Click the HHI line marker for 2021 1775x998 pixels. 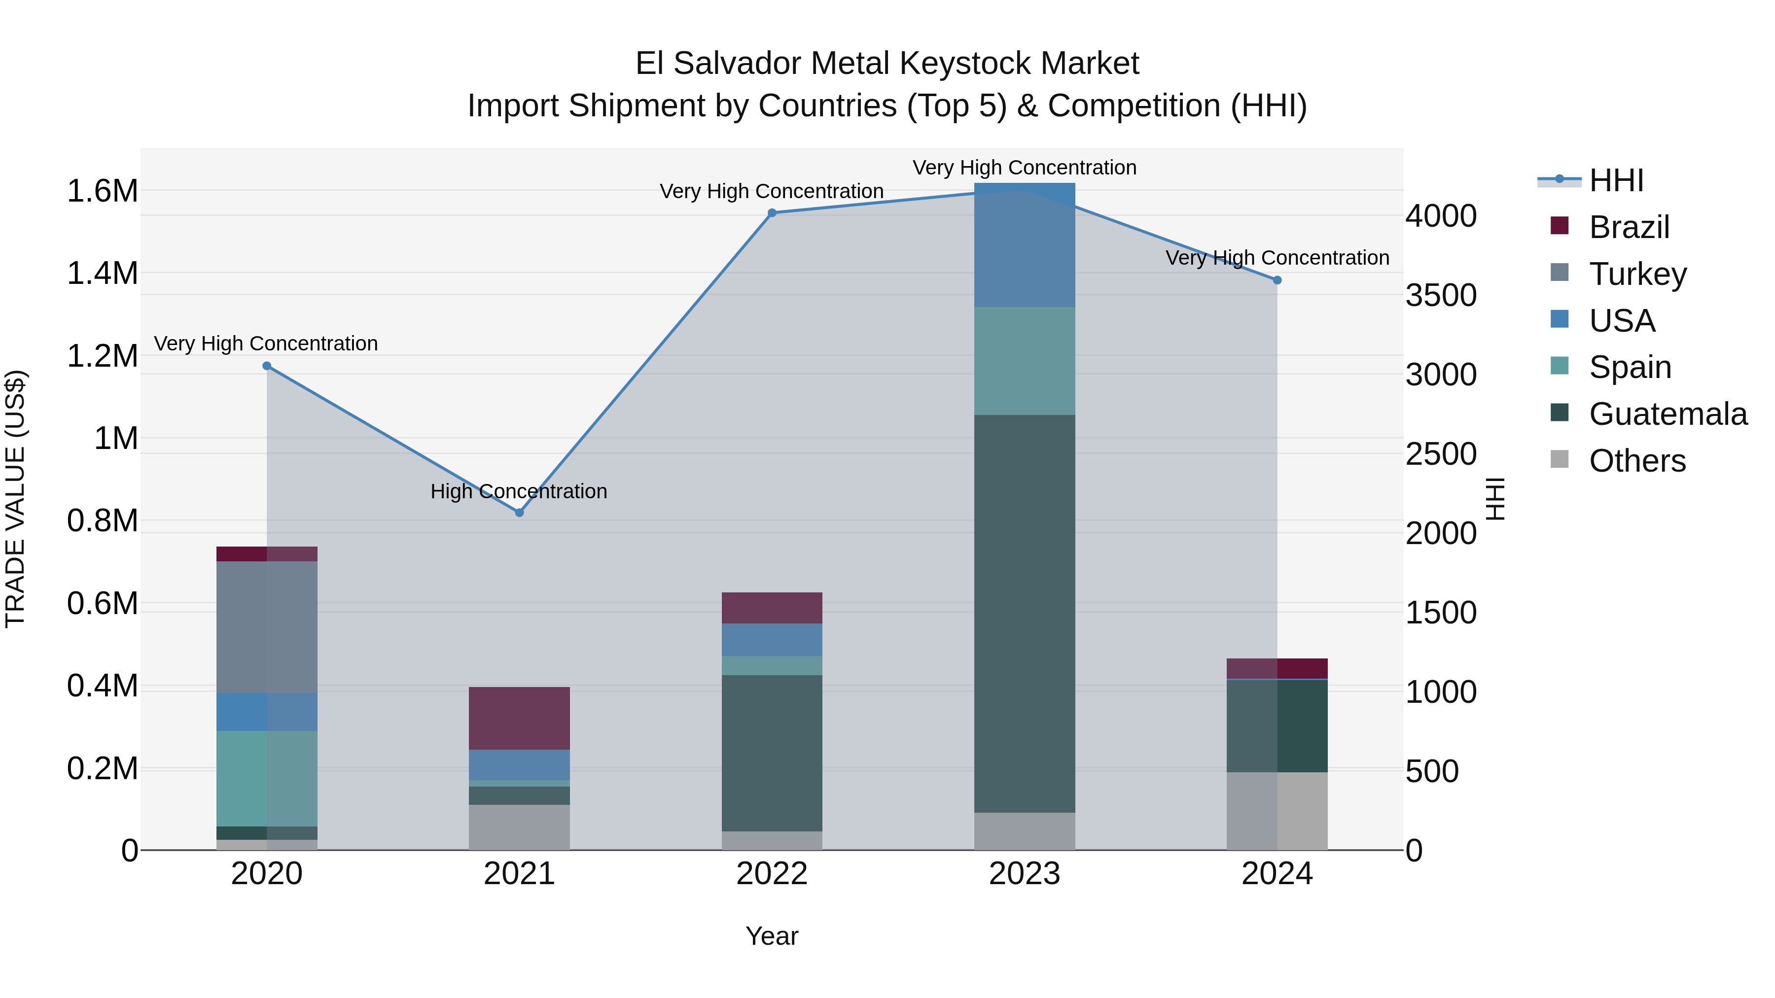tap(520, 513)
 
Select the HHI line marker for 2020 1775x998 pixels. tap(267, 366)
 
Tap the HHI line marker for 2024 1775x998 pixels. tap(1277, 280)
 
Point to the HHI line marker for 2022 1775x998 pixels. tap(772, 213)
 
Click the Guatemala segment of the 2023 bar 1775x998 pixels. tap(1025, 613)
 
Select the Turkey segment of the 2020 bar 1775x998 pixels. tap(267, 627)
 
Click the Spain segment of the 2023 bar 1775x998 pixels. tap(1025, 361)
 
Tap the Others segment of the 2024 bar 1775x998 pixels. tap(1277, 811)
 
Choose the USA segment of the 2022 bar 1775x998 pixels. tap(772, 639)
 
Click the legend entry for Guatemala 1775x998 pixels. tap(1668, 414)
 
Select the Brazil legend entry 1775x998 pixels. tap(1629, 227)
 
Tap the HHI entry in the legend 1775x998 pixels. tap(1616, 180)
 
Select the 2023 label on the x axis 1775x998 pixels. tap(1025, 874)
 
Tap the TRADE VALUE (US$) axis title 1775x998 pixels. tap(15, 499)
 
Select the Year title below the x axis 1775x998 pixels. tap(772, 936)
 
